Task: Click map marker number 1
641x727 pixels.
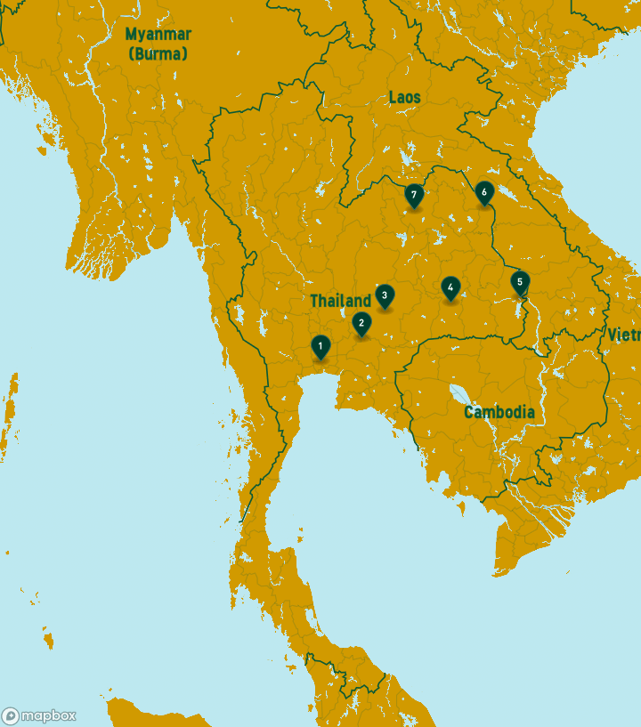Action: point(320,346)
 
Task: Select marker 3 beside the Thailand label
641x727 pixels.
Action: point(384,295)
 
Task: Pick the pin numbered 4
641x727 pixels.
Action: point(450,287)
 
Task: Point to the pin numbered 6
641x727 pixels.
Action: point(484,192)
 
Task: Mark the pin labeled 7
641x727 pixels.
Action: point(413,195)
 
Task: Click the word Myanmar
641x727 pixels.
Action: point(158,35)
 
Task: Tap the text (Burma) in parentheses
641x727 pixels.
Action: point(158,53)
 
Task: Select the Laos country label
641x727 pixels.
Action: point(404,97)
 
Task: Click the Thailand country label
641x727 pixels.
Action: point(340,301)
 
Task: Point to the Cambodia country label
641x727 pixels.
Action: point(499,412)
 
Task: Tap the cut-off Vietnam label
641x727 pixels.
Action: point(624,335)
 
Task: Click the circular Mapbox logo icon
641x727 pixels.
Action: point(11,716)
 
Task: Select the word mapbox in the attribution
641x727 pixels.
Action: point(49,716)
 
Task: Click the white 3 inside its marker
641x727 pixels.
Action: point(384,295)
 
